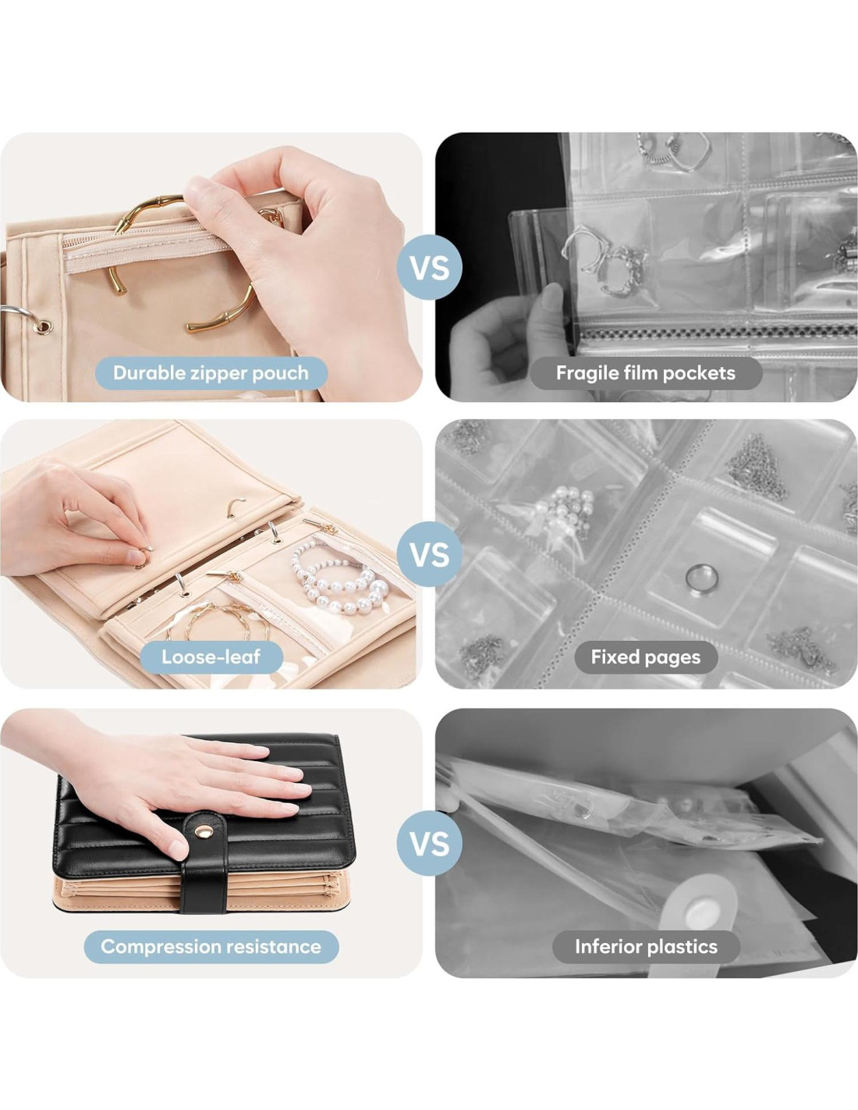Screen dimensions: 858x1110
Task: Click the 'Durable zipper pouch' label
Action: (x=211, y=373)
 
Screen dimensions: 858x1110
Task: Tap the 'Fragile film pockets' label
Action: (x=646, y=373)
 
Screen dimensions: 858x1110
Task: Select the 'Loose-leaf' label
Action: (x=211, y=657)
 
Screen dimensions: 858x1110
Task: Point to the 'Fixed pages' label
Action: (x=646, y=657)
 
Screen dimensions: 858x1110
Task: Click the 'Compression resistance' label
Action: (x=211, y=947)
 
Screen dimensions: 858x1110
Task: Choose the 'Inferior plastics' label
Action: (x=646, y=947)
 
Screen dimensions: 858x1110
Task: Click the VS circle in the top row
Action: (x=430, y=267)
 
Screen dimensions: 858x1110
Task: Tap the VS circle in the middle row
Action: (x=430, y=554)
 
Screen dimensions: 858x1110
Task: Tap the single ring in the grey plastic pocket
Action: (x=702, y=578)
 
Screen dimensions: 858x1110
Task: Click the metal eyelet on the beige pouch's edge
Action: (x=44, y=326)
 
